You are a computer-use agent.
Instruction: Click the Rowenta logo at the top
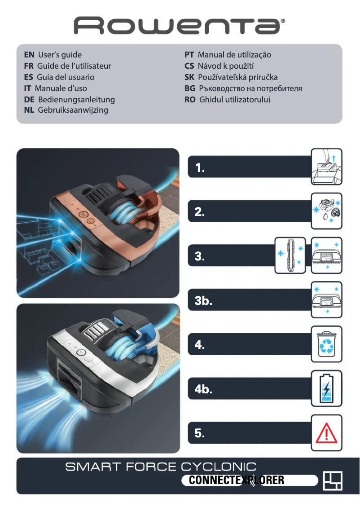click(x=180, y=26)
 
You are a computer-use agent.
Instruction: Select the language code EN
click(x=29, y=55)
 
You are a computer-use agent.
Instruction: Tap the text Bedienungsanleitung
click(x=76, y=99)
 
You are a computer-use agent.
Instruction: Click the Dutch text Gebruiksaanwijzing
click(x=73, y=110)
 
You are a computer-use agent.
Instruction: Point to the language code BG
click(x=189, y=88)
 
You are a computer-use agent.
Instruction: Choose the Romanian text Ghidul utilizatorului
click(x=234, y=99)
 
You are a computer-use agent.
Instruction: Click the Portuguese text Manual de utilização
click(x=234, y=55)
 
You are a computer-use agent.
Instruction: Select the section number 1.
click(x=200, y=168)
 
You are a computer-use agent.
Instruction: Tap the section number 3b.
click(x=203, y=301)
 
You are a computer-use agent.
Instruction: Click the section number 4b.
click(x=203, y=390)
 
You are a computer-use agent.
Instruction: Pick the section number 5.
click(x=200, y=434)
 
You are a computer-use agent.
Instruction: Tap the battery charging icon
click(x=326, y=388)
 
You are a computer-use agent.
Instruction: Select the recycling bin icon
click(x=326, y=344)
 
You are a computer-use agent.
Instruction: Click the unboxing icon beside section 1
click(x=326, y=167)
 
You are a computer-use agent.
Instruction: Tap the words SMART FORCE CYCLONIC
click(x=161, y=467)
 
